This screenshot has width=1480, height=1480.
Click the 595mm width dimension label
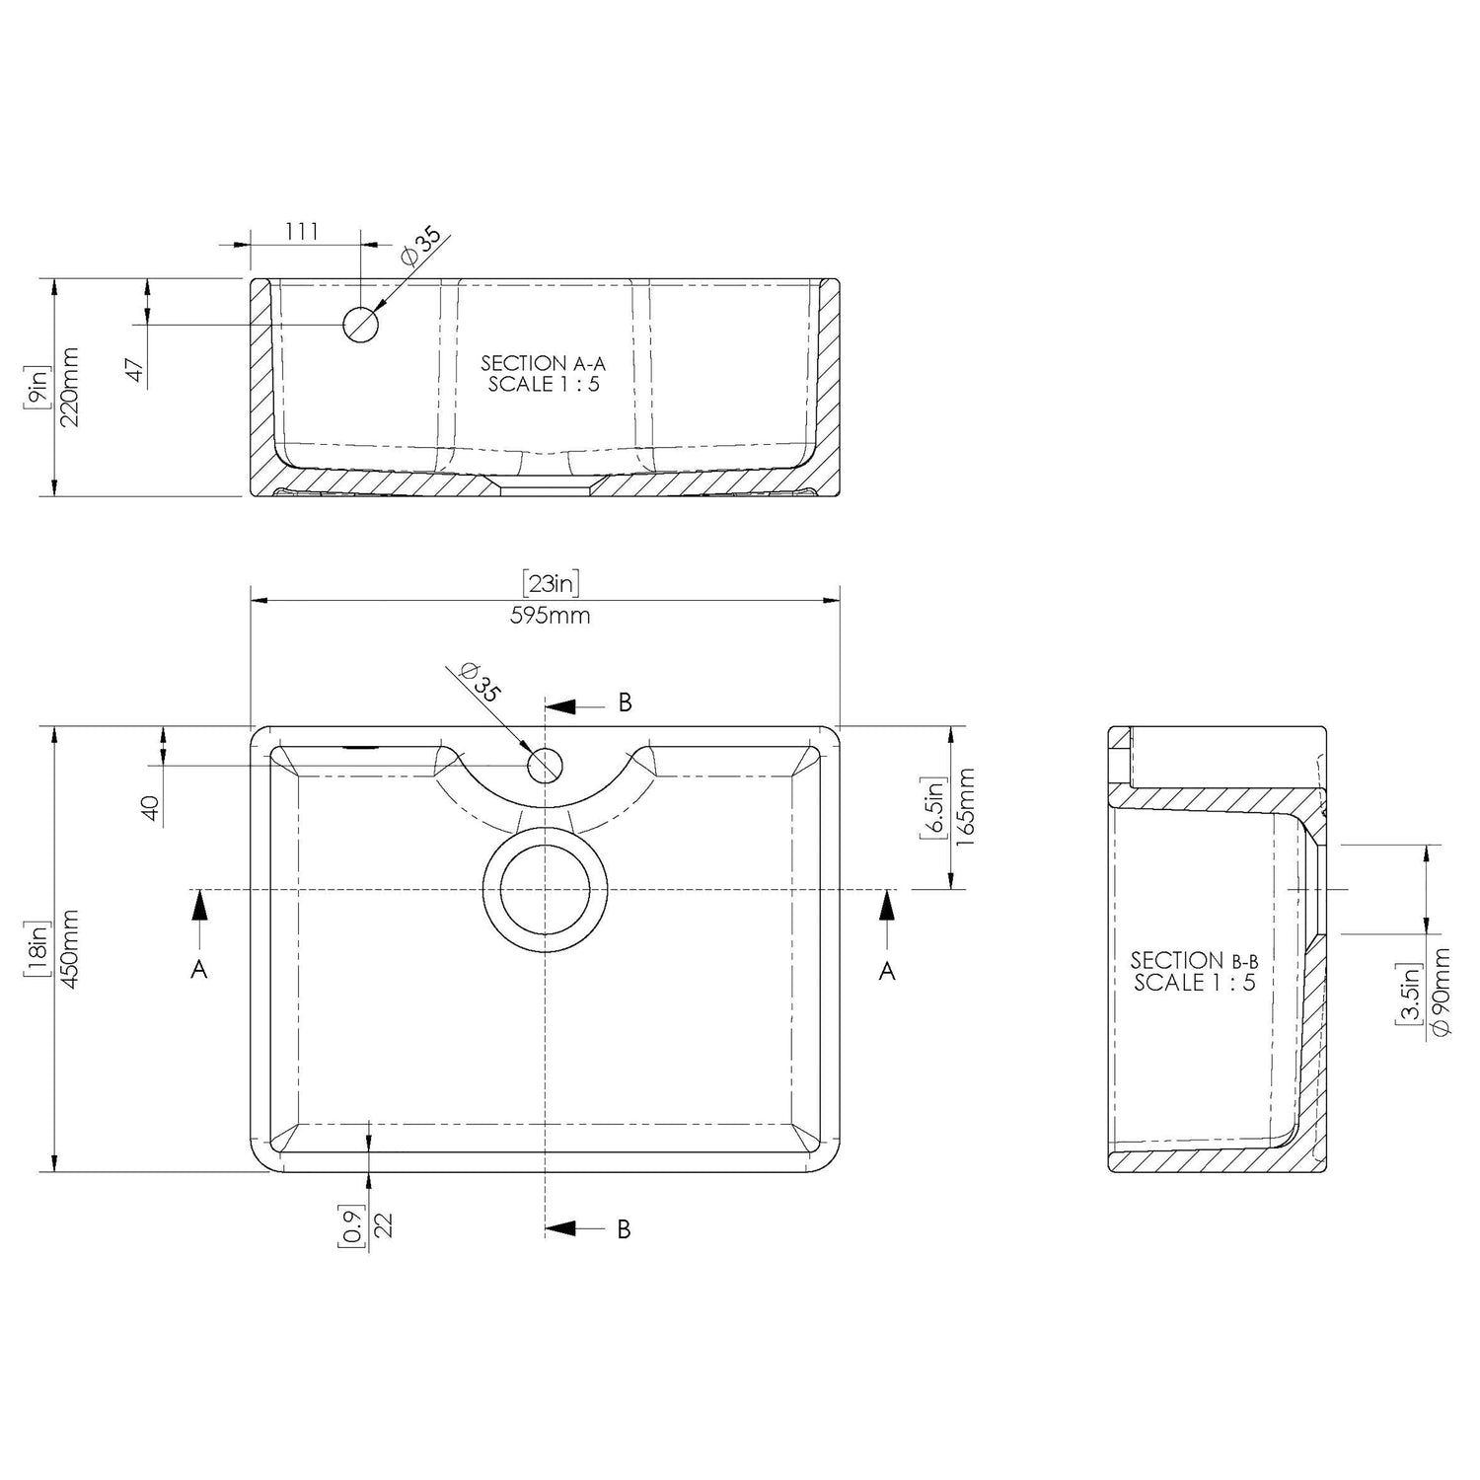point(551,616)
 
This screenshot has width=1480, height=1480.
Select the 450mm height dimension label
point(69,949)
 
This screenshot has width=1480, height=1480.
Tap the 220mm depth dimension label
point(69,386)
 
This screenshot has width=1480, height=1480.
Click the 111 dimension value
point(302,231)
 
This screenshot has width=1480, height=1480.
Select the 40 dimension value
point(150,809)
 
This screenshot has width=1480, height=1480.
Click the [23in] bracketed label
point(551,584)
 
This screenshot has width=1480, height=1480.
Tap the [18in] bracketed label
point(37,949)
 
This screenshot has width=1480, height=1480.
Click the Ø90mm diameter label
point(1440,992)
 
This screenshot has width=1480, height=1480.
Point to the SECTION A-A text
point(544,364)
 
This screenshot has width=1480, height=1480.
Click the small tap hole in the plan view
point(546,765)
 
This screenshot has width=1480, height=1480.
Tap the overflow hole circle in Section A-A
point(360,324)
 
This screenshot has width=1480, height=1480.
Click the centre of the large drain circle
point(545,890)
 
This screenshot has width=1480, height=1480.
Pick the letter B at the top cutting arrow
point(624,703)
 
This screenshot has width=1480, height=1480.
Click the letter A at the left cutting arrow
point(199,971)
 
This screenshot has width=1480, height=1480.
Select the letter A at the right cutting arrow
point(887,971)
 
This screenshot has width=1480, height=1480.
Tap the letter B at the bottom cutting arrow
point(624,1229)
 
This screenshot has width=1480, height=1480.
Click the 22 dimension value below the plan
point(385,1226)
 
